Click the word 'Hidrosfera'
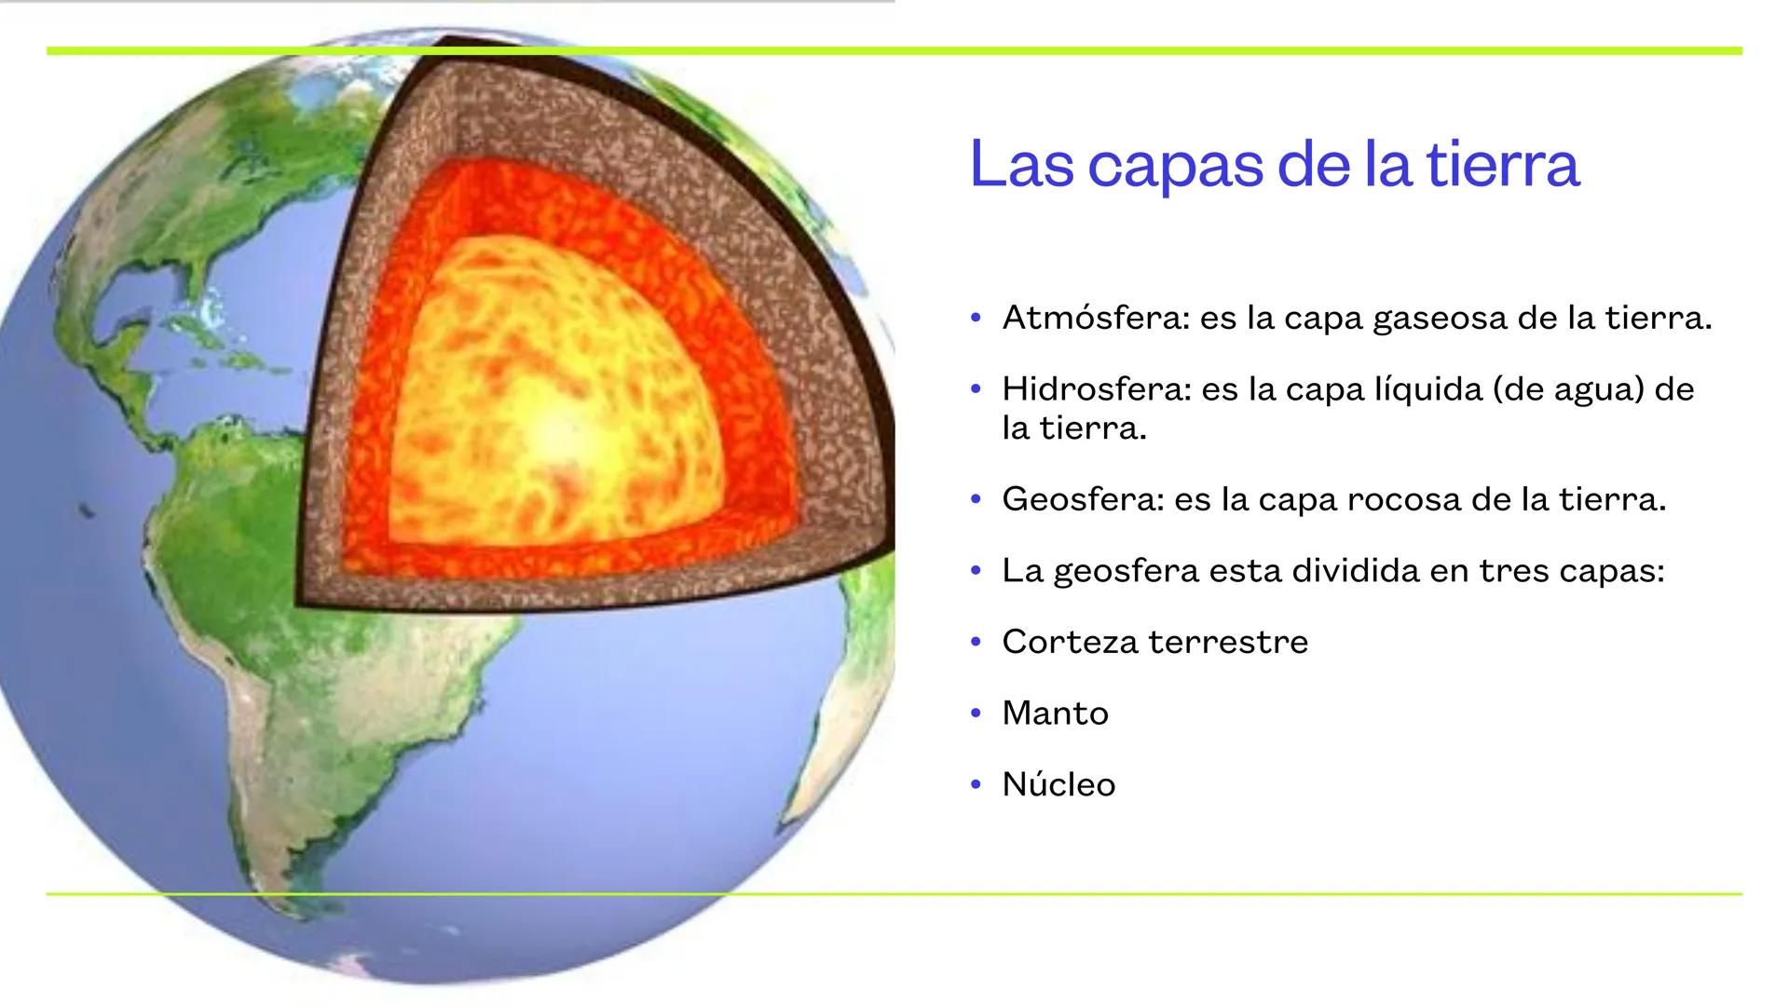click(1096, 389)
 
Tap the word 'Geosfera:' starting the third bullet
click(1083, 500)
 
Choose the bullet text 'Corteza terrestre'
click(1154, 642)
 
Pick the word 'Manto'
click(1055, 714)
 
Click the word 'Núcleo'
click(1058, 784)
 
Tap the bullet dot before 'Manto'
click(976, 714)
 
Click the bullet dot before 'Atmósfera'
click(976, 319)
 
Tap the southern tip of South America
click(280, 890)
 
